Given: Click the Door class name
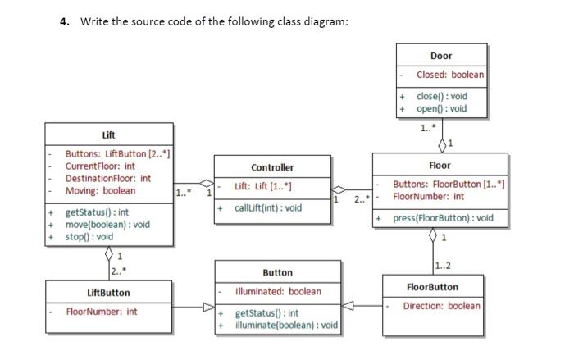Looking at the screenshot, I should [440, 56].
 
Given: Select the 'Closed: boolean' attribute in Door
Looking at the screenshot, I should [449, 75].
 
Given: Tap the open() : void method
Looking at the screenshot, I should [441, 108].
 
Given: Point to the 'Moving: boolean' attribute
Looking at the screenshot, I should [100, 191].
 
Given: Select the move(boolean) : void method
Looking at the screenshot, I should [107, 225].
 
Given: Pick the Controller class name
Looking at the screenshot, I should [272, 167].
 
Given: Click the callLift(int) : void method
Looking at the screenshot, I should [268, 207].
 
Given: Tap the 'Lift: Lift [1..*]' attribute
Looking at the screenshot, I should [263, 187].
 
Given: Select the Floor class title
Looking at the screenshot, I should [440, 166].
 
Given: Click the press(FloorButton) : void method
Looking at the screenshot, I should [444, 218].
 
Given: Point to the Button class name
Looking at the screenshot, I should [277, 272].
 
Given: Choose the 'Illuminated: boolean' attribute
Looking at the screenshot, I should [278, 291].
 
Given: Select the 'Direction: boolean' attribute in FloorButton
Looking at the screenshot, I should [441, 306].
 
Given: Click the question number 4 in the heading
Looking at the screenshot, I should [64, 21].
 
